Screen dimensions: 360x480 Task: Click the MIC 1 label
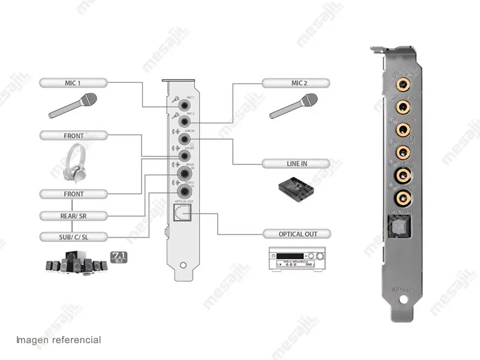[x=73, y=82]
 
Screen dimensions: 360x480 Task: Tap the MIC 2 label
[x=295, y=82]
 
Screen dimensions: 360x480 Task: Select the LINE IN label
[x=295, y=163]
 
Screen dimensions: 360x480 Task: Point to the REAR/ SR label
[x=73, y=215]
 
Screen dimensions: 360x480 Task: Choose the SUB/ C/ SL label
[x=73, y=236]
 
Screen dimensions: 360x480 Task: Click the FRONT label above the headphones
[x=73, y=136]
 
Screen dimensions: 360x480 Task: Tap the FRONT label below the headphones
[x=73, y=194]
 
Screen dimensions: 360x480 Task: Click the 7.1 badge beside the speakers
[x=119, y=257]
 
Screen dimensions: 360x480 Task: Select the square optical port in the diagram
[x=181, y=213]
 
